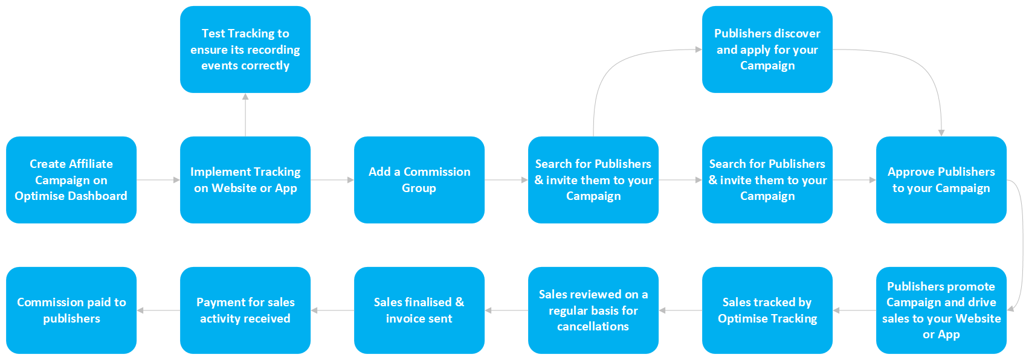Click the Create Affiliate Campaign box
click(x=71, y=179)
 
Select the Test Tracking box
click(x=245, y=50)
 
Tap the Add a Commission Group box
click(x=419, y=179)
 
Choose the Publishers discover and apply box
click(x=767, y=50)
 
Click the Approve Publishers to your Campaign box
click(x=941, y=179)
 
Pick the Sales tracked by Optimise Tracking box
click(x=767, y=310)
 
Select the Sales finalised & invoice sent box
click(x=419, y=310)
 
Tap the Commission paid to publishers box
click(x=71, y=310)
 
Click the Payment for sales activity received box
click(x=245, y=310)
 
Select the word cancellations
click(x=593, y=326)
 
